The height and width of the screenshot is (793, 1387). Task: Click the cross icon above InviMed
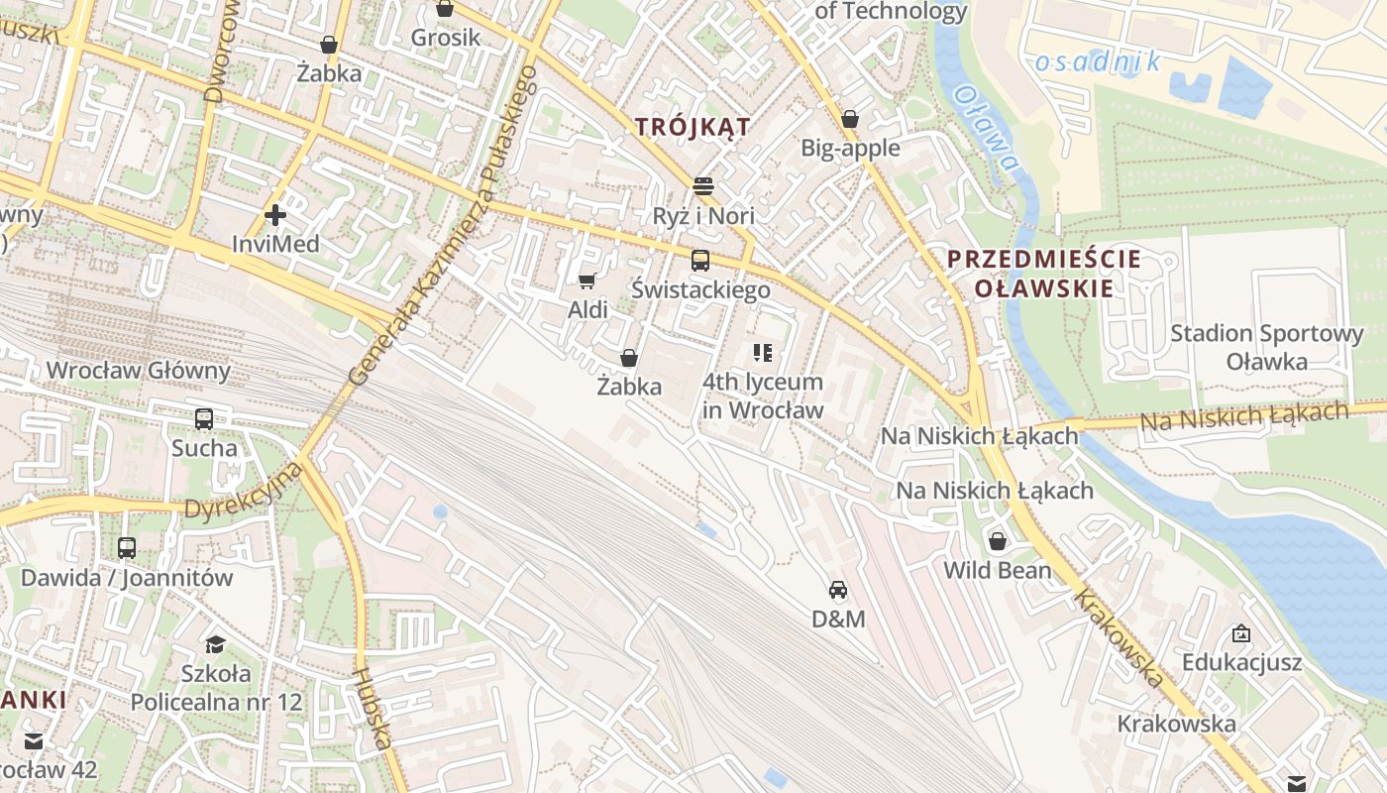point(275,214)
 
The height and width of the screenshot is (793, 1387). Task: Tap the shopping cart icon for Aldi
point(587,282)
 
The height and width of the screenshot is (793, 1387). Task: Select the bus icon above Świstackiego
point(700,261)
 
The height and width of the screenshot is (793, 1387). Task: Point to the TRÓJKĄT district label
point(693,127)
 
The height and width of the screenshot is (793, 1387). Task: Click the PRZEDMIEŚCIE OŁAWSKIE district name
point(1044,274)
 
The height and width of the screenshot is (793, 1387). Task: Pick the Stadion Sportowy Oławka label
point(1267,347)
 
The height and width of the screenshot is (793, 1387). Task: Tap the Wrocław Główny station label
point(138,371)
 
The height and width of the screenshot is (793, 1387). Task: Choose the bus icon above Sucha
point(204,419)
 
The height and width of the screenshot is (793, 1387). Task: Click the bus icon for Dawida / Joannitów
point(127,548)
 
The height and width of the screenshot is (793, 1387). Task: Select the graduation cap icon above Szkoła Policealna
point(215,645)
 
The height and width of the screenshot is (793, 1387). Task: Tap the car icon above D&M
point(838,591)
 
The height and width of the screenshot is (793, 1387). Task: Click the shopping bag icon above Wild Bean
point(998,541)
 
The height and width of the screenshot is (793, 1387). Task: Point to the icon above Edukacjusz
point(1240,633)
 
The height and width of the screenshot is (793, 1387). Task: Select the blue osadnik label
point(1098,62)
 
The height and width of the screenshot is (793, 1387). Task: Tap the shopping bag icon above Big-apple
point(850,120)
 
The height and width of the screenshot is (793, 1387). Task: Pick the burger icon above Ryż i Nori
point(703,186)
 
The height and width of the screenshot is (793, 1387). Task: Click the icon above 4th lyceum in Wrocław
point(763,352)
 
